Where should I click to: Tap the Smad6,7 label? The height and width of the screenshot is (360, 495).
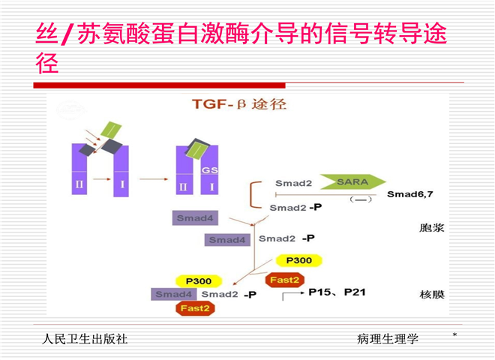click(409, 194)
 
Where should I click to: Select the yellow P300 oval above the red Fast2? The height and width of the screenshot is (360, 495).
click(298, 261)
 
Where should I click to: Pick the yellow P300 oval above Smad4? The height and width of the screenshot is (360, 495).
click(198, 280)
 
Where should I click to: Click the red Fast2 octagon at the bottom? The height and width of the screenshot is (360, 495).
click(193, 308)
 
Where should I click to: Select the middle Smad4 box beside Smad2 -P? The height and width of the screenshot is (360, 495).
click(227, 240)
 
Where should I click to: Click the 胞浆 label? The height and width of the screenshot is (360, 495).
click(432, 227)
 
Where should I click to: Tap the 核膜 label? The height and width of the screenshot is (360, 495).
click(432, 295)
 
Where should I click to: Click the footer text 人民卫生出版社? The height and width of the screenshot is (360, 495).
click(85, 339)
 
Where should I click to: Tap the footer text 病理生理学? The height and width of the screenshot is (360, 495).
click(388, 339)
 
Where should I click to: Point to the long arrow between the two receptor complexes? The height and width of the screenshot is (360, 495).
click(153, 180)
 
